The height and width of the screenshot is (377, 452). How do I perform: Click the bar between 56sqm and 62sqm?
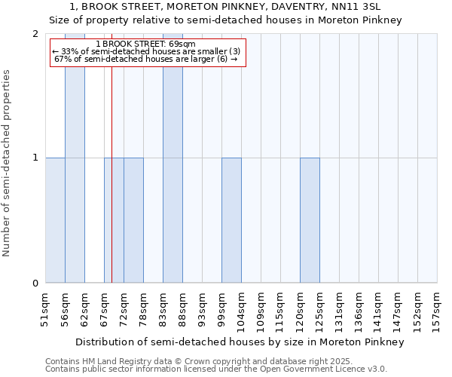(x=75, y=158)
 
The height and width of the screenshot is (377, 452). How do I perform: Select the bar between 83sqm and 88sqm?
(x=173, y=173)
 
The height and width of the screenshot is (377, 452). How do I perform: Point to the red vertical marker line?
(x=111, y=188)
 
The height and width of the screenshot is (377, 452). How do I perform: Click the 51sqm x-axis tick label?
(x=45, y=310)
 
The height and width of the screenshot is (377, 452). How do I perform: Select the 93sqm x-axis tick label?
(x=202, y=310)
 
